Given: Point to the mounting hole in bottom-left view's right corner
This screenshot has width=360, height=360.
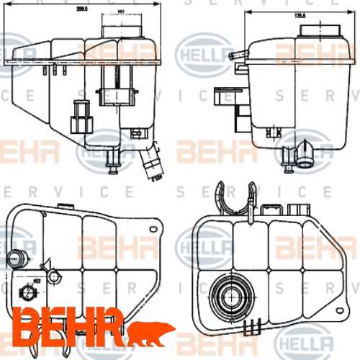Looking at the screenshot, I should (x=152, y=227).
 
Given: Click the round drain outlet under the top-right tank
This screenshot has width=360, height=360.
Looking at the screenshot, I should (x=305, y=153).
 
